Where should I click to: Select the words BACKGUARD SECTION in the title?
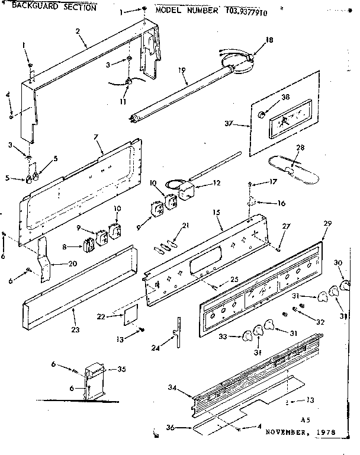pyautogui.click(x=54, y=7)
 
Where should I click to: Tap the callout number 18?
pyautogui.click(x=269, y=40)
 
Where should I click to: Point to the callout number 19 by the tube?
pyautogui.click(x=182, y=71)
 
